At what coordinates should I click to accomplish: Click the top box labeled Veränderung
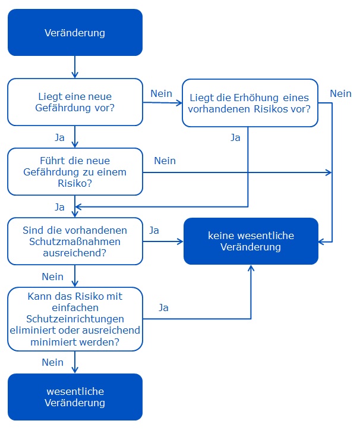75,32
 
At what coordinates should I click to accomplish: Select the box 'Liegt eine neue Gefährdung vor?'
75,102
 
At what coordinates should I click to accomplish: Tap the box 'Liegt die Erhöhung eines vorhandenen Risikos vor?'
250,103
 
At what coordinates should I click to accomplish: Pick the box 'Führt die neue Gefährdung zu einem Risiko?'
75,172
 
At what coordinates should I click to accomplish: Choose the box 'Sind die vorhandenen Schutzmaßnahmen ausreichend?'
75,241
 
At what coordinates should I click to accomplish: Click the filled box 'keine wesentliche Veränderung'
251,241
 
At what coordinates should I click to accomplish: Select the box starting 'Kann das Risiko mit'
75,319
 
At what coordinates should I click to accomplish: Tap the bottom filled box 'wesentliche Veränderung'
75,397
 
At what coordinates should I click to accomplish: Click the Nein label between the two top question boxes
162,93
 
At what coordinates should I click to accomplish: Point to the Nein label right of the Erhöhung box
340,93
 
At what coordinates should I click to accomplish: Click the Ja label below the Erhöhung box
235,137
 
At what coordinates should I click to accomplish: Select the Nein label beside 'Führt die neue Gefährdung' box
165,161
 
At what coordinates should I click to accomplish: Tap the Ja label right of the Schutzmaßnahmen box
154,230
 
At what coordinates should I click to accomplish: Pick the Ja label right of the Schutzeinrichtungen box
163,307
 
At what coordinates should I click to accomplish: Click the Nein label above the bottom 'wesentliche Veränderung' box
53,362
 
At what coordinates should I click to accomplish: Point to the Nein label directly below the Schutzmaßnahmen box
53,277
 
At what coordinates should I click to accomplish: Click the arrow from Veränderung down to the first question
75,67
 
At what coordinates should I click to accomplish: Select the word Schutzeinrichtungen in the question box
75,319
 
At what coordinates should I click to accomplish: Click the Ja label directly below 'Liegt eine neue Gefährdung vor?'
60,137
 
